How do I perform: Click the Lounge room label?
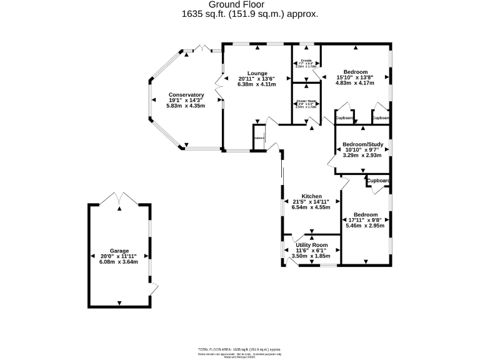pos(257,72)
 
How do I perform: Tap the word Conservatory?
pos(186,95)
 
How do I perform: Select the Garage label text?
pos(119,250)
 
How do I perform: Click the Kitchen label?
pos(311,196)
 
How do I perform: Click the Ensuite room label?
pos(306,61)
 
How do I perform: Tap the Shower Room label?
pos(306,102)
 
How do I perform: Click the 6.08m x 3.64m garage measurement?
pos(119,262)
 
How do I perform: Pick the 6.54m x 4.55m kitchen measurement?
pos(311,207)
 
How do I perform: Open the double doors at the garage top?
pos(119,199)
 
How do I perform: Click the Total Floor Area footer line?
pos(239,348)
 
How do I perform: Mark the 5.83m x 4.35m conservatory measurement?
pos(186,106)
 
